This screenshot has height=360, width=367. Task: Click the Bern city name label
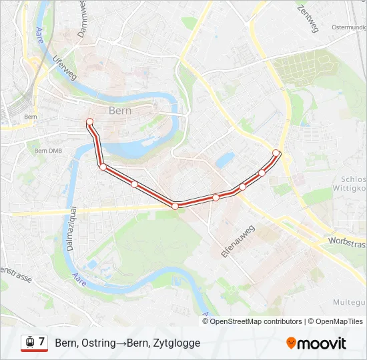(x=120, y=110)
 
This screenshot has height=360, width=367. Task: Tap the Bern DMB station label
(x=48, y=151)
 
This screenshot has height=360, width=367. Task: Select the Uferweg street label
(x=65, y=67)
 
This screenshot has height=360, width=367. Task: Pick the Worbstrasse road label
(x=347, y=239)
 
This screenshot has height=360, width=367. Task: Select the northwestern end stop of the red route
(x=89, y=121)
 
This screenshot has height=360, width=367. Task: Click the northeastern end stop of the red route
(x=276, y=153)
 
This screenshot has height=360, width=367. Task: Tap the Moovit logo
(x=316, y=343)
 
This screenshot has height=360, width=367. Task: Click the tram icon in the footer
(x=29, y=343)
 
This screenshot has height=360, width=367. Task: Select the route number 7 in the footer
(x=42, y=342)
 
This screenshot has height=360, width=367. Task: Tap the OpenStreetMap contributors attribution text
(x=256, y=321)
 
